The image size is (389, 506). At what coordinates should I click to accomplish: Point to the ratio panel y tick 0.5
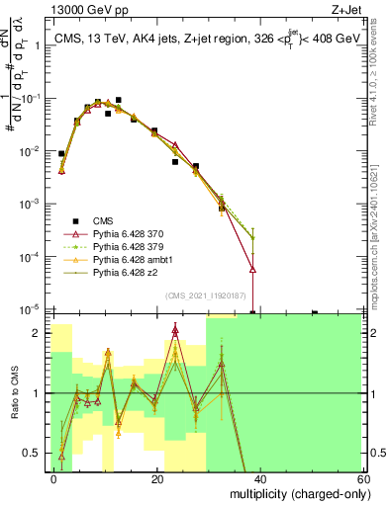(x=35, y=454)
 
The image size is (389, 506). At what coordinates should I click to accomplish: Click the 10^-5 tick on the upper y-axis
(x=32, y=309)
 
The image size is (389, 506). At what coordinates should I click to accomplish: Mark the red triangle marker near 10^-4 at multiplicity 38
(x=252, y=269)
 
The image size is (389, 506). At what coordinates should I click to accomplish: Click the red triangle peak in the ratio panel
(x=175, y=330)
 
